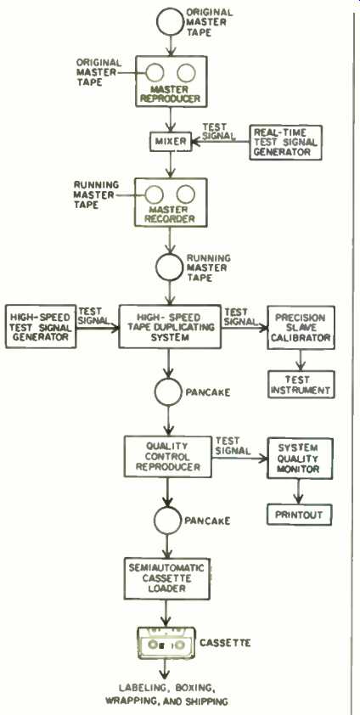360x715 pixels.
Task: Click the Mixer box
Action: (x=171, y=142)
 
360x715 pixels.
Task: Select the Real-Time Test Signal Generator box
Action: (x=286, y=143)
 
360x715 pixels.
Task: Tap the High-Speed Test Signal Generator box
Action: (x=41, y=326)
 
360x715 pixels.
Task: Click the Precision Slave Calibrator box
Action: (x=301, y=328)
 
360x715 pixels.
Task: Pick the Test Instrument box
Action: (x=301, y=384)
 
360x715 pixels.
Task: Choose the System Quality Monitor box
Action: (x=300, y=459)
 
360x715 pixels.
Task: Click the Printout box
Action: (x=299, y=515)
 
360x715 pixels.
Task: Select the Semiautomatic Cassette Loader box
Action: (x=166, y=578)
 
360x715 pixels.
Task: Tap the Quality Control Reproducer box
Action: (x=168, y=456)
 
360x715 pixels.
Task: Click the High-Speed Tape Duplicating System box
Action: (x=170, y=327)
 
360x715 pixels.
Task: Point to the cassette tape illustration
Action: (x=166, y=644)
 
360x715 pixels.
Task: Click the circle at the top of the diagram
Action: (x=171, y=21)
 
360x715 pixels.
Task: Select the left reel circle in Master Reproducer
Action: (x=155, y=72)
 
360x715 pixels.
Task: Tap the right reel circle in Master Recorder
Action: (x=185, y=194)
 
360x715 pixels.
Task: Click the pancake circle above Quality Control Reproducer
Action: (x=168, y=392)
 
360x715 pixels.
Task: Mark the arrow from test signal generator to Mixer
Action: (x=220, y=142)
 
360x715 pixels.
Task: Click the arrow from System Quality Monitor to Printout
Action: (x=299, y=492)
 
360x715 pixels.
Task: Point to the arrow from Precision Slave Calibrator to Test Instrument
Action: (x=301, y=360)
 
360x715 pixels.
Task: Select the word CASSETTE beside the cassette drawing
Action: (x=225, y=643)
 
